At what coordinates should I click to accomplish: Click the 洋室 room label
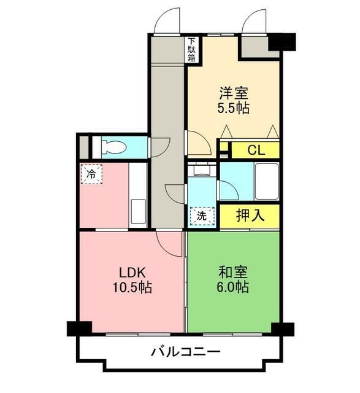(234, 94)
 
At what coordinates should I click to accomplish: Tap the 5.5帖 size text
(234, 108)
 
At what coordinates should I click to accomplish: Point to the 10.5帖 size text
(131, 287)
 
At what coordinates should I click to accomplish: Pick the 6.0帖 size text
(233, 287)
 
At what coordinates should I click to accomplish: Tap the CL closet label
(256, 150)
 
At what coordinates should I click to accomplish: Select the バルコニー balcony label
(185, 352)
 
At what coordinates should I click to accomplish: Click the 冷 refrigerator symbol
(91, 174)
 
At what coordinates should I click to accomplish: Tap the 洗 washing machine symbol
(202, 216)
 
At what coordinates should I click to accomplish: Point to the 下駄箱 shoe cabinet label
(191, 50)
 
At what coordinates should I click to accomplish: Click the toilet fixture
(113, 147)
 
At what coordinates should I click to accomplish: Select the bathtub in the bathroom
(266, 181)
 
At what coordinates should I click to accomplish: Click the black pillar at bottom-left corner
(79, 329)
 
